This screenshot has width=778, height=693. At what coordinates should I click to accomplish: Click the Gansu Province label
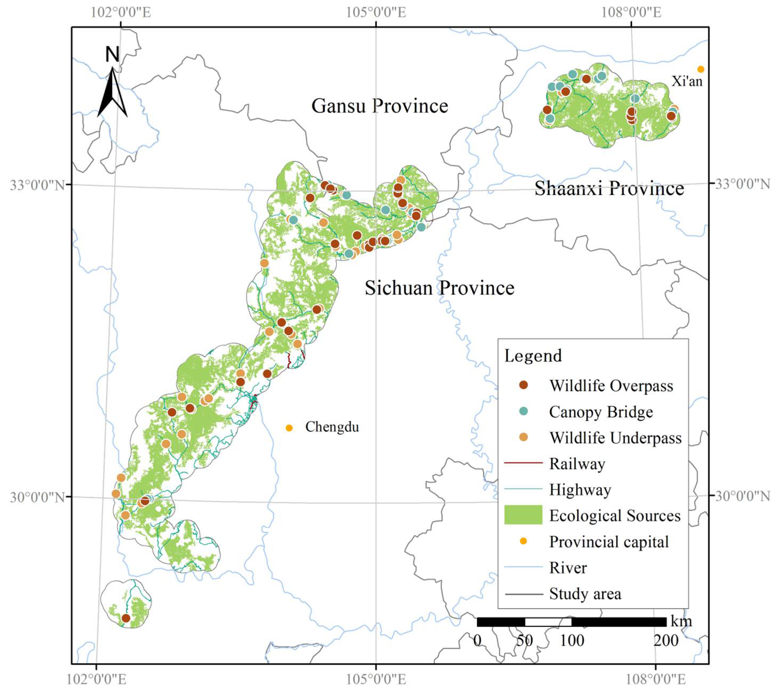pyautogui.click(x=380, y=106)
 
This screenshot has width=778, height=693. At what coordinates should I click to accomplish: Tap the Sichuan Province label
pyautogui.click(x=439, y=288)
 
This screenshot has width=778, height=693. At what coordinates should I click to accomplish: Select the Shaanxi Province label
pyautogui.click(x=609, y=188)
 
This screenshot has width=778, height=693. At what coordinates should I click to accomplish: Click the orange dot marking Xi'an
pyautogui.click(x=701, y=69)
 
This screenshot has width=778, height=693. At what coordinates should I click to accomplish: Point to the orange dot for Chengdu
pyautogui.click(x=289, y=428)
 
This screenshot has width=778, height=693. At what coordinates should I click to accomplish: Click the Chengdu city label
pyautogui.click(x=332, y=427)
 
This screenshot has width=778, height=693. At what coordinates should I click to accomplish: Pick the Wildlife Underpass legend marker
pyautogui.click(x=524, y=437)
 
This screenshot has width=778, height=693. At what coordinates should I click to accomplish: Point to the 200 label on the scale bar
pyautogui.click(x=666, y=641)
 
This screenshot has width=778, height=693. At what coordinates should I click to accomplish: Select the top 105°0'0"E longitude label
pyautogui.click(x=376, y=12)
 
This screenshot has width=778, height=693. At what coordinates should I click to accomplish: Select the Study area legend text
pyautogui.click(x=585, y=594)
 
